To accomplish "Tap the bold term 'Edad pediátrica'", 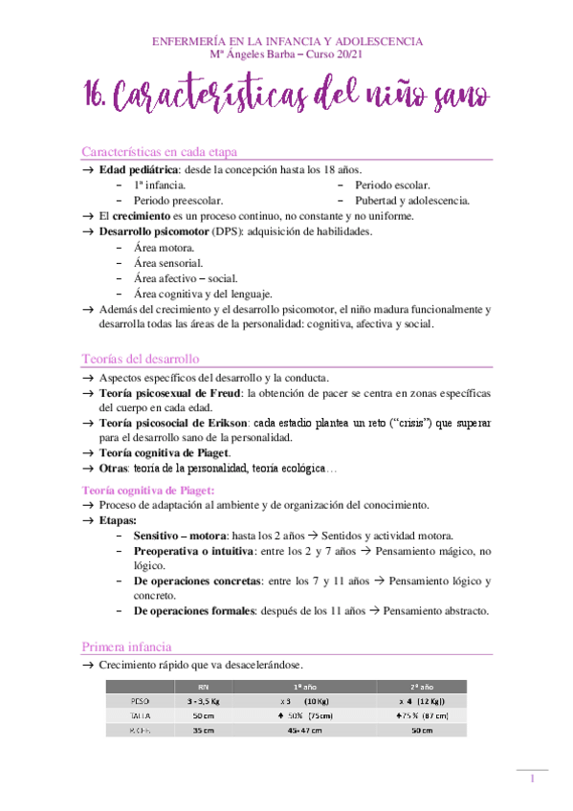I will coord(140,169).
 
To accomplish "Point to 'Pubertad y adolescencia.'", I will coord(411,201).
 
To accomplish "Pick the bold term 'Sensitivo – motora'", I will coord(180,535).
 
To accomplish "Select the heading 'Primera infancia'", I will coord(127,647).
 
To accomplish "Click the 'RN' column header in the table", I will coord(202,686).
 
